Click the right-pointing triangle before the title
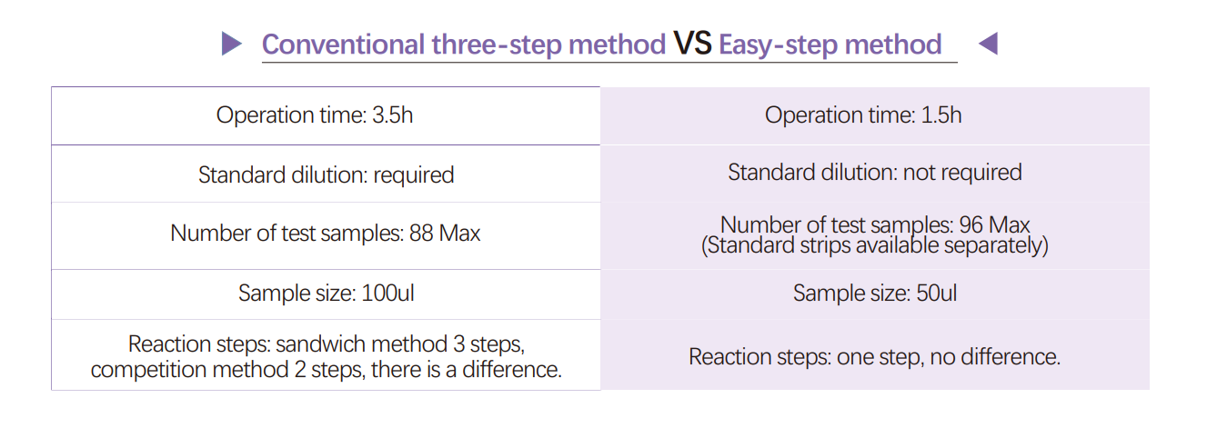pos(231,44)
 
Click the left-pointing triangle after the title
pos(989,44)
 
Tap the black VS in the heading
pos(692,43)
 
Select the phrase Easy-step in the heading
pos(778,45)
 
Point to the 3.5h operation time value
pos(392,115)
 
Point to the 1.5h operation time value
pos(940,115)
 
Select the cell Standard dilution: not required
pos(874,173)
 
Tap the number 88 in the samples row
pos(421,234)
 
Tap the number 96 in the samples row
pos(971,225)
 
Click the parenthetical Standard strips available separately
pos(874,245)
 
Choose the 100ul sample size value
pos(387,294)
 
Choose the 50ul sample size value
pos(937,294)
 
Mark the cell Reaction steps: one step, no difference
pos(874,354)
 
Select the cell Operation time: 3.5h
pos(326,115)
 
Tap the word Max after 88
pos(459,234)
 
